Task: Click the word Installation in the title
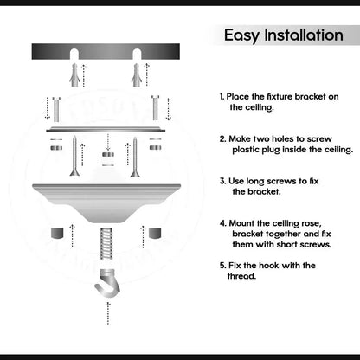click(304, 35)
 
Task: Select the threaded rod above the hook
click(106, 243)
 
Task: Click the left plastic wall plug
click(74, 74)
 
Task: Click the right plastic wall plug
click(137, 74)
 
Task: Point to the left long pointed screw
click(74, 156)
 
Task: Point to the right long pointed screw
click(135, 157)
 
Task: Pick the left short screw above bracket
click(56, 109)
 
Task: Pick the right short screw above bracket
click(156, 107)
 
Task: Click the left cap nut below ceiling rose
click(57, 233)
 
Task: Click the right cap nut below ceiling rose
click(155, 233)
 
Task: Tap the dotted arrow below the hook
click(108, 313)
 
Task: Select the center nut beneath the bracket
click(108, 155)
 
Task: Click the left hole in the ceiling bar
click(74, 54)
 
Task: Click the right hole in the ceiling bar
click(137, 54)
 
